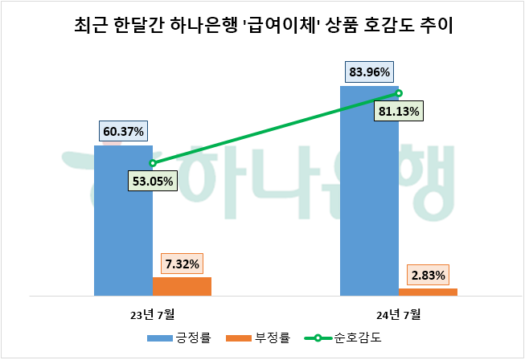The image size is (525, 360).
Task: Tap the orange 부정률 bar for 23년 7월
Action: click(182, 286)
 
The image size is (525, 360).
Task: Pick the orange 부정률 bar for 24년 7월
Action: click(428, 292)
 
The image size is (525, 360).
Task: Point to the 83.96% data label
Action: click(370, 72)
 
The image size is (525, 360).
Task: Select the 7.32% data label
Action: click(183, 264)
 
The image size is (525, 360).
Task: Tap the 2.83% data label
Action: click(429, 275)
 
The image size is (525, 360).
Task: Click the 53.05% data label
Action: click(152, 181)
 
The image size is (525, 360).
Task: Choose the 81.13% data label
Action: click(399, 112)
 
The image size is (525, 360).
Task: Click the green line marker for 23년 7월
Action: click(153, 163)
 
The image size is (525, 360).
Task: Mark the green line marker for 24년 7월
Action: click(399, 93)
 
